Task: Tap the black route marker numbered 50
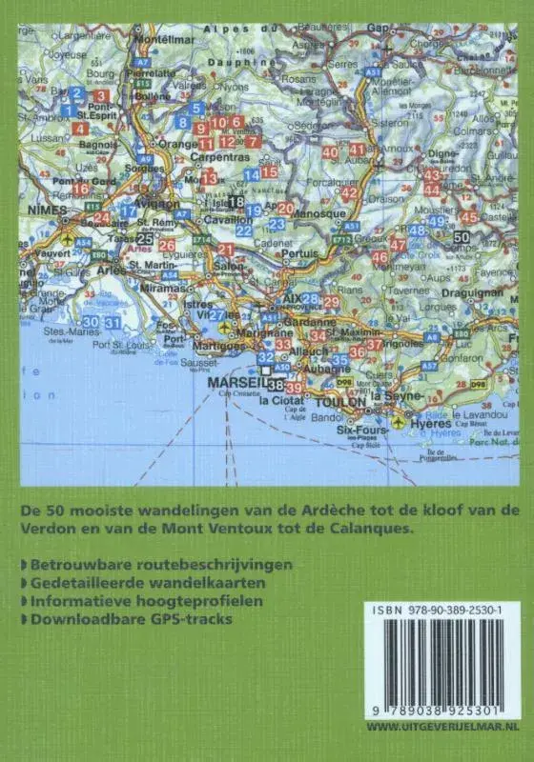click(x=462, y=236)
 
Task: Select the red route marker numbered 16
click(x=80, y=190)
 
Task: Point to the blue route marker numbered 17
click(x=127, y=211)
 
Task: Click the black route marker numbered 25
click(x=145, y=238)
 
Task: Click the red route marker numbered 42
click(x=349, y=193)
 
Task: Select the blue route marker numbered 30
click(x=91, y=322)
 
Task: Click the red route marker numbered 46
click(x=380, y=257)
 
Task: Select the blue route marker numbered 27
click(x=217, y=315)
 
